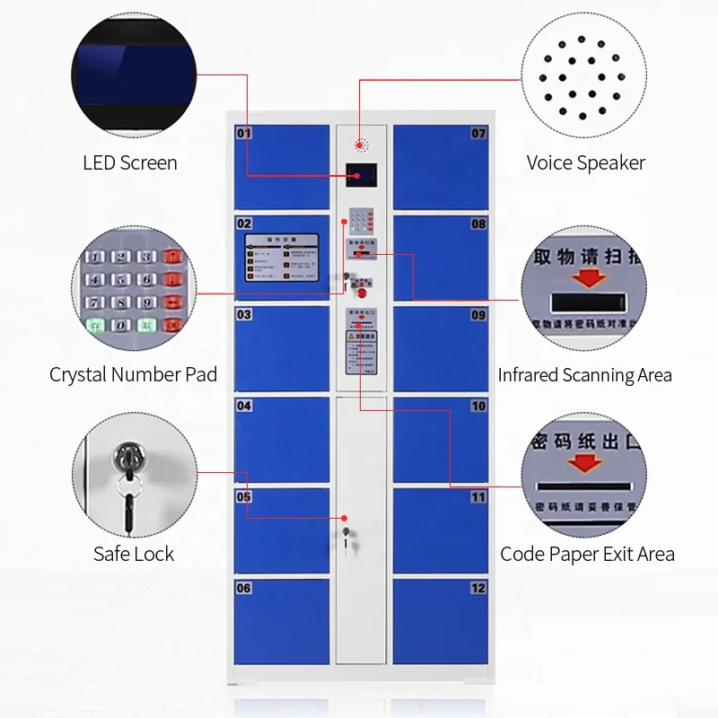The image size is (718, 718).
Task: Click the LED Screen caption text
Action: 130,163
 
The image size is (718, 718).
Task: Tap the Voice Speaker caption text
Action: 585,163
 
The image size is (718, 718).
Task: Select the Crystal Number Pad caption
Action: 133,374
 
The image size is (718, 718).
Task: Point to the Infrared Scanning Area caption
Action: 584,375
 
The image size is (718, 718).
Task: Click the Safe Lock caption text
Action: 134,554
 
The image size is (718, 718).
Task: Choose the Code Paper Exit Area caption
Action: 587,554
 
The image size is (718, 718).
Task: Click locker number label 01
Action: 244,134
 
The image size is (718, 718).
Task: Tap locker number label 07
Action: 478,134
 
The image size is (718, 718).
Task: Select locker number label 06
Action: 244,588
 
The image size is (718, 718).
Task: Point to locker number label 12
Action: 478,588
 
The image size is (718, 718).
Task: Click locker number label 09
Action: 478,315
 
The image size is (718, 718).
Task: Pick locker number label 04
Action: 244,406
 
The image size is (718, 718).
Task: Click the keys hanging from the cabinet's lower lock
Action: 346,536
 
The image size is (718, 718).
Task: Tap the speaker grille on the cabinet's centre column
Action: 361,144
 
